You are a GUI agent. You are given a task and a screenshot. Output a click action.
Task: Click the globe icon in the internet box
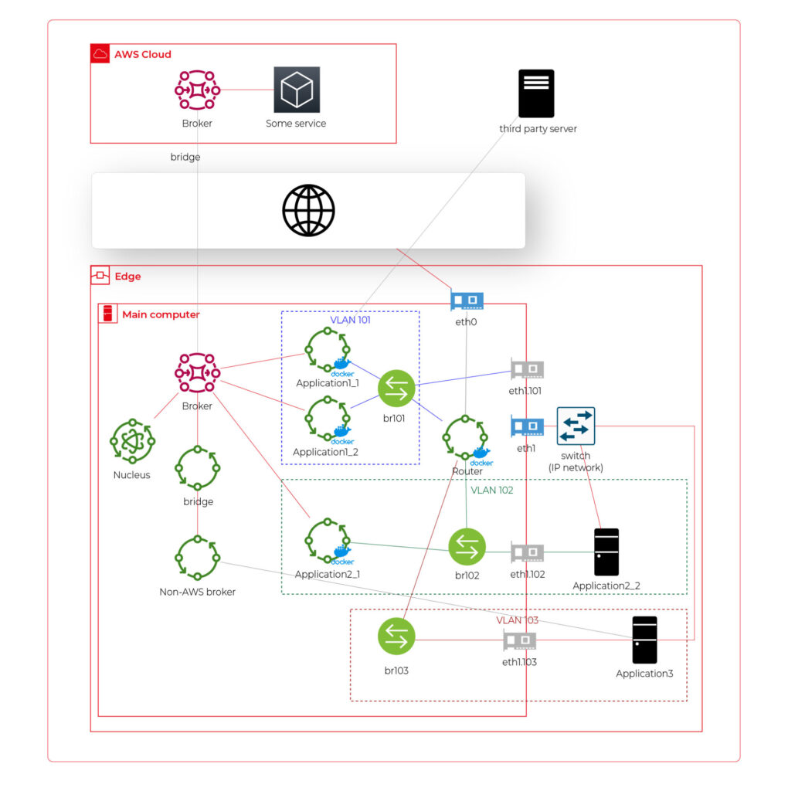308,210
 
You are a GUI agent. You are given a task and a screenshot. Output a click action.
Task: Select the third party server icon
536,93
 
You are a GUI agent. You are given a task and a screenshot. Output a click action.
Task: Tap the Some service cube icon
296,90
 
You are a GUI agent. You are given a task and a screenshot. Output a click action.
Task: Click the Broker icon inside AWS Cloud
197,90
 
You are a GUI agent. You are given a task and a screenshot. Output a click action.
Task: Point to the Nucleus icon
132,443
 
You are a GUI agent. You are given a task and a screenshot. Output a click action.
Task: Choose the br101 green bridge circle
396,389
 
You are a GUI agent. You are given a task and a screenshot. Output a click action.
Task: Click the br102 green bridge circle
467,547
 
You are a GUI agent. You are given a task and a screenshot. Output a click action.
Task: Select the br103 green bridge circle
396,637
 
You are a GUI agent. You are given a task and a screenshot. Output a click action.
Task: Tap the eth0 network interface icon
467,301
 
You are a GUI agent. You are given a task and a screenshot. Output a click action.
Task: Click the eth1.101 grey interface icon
527,369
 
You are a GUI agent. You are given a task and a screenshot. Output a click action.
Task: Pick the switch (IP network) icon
576,426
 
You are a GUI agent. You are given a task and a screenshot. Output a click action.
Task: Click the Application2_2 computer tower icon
606,552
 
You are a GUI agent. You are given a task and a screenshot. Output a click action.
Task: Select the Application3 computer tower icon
644,640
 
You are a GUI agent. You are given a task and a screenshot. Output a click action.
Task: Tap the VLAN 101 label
350,319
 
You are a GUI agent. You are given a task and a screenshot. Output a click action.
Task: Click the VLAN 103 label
517,620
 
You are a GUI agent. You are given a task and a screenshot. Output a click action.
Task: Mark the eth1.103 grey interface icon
520,640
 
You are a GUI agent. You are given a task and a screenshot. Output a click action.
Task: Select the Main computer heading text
161,314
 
